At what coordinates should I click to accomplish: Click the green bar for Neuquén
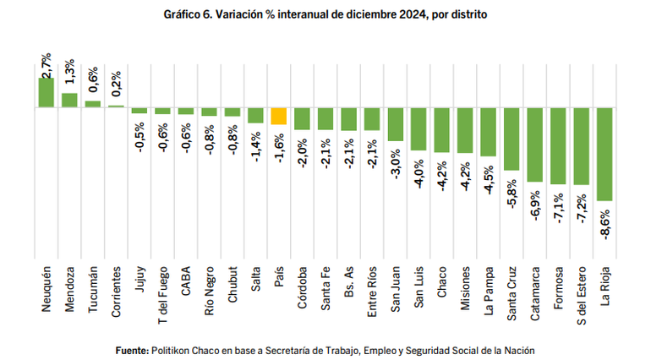click(x=46, y=92)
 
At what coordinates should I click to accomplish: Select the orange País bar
click(x=278, y=116)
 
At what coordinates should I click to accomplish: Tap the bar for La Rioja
click(x=604, y=154)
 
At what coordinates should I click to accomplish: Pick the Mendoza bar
click(x=69, y=100)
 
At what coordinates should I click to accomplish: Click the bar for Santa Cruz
click(x=511, y=139)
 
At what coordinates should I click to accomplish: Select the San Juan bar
click(x=395, y=123)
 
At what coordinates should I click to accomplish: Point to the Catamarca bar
click(x=534, y=145)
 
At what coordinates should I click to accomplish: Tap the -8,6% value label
click(x=604, y=224)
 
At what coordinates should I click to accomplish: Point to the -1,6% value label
click(x=279, y=146)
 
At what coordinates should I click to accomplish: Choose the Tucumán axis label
click(x=93, y=290)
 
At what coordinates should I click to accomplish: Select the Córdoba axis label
click(x=302, y=292)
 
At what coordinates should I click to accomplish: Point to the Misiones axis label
click(x=464, y=292)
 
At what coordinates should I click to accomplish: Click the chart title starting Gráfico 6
click(x=325, y=15)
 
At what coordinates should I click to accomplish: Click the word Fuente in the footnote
click(x=131, y=349)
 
